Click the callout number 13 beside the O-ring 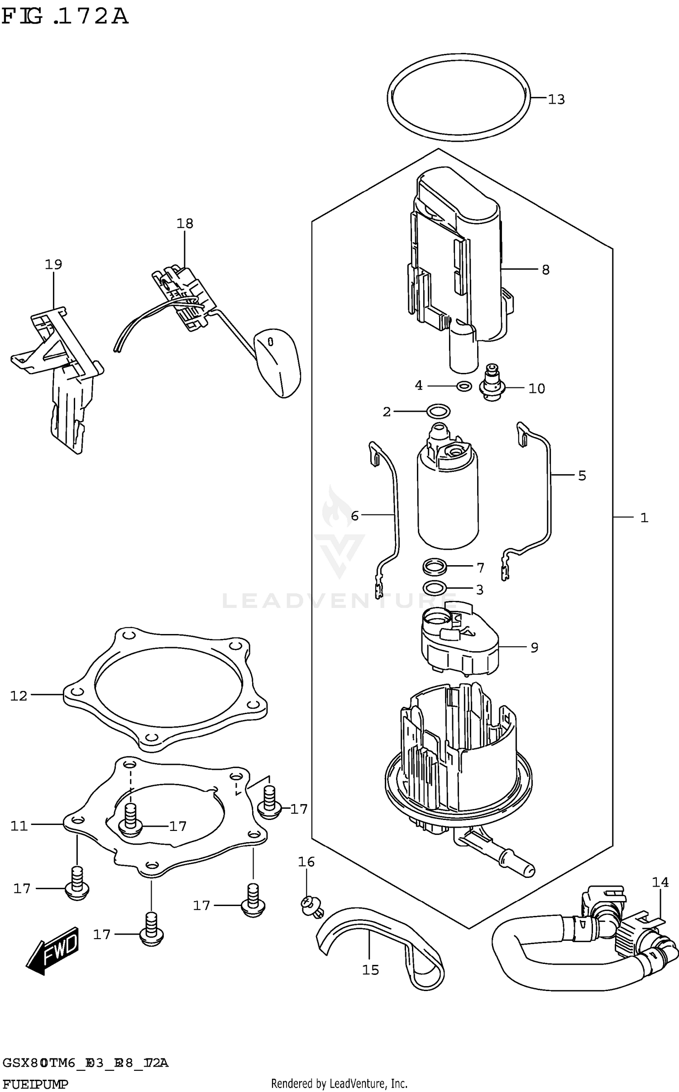(556, 100)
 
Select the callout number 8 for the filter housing (545, 270)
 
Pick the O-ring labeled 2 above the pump (438, 411)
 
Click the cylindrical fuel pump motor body (447, 502)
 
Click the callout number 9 (534, 648)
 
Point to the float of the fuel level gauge (277, 362)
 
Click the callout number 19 (53, 265)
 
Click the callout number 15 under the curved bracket (370, 970)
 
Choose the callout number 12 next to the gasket (19, 696)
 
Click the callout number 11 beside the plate (19, 826)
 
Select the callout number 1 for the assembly (644, 518)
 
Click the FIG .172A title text (65, 17)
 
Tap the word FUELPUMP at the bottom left (35, 1082)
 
